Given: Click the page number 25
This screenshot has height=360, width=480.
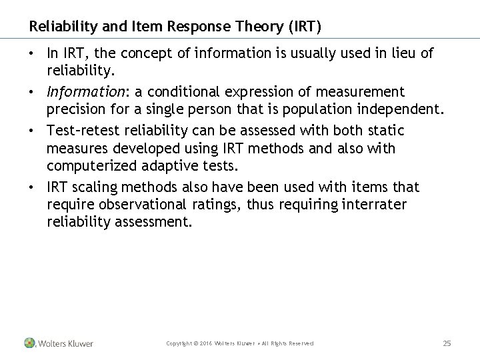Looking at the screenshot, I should pyautogui.click(x=447, y=343).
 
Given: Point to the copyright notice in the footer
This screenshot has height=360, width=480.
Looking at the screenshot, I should pyautogui.click(x=240, y=343).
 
